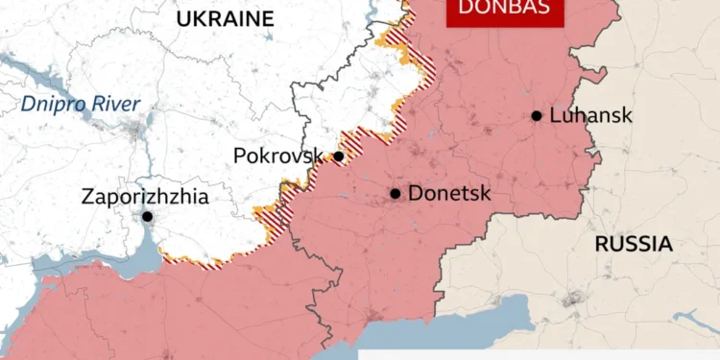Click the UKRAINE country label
224,19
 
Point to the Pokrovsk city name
276,156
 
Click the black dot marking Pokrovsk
338,156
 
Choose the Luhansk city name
590,115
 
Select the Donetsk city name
449,193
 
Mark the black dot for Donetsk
395,193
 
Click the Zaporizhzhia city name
144,197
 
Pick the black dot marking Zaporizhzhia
147,217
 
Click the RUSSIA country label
633,244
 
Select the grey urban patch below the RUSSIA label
577,300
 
